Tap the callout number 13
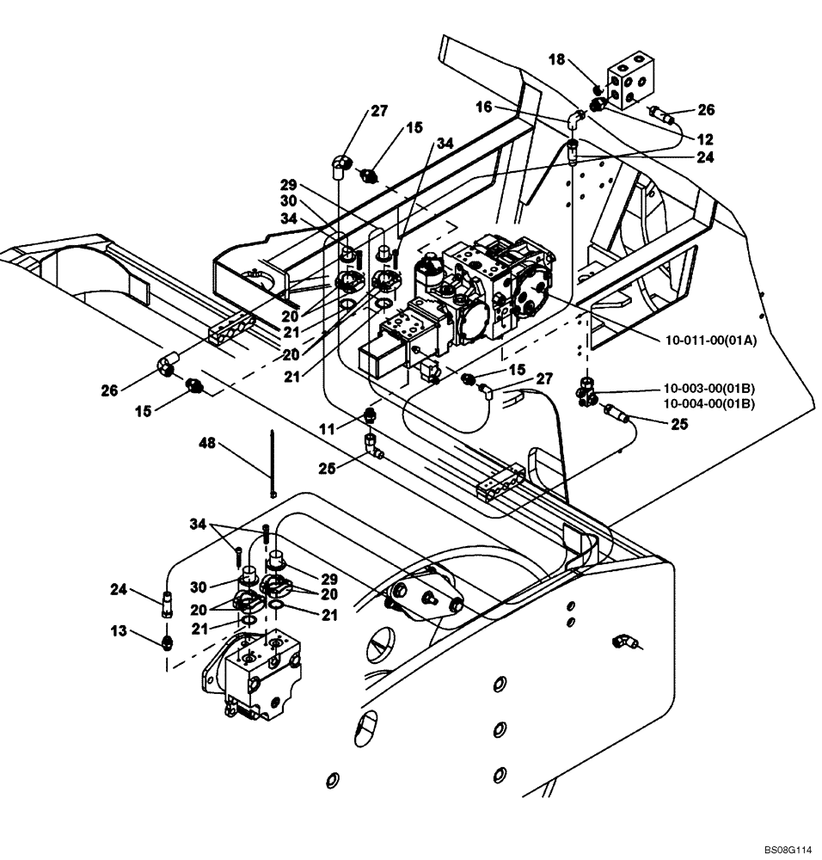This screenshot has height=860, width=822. click(x=118, y=632)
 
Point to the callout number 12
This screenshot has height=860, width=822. click(x=704, y=138)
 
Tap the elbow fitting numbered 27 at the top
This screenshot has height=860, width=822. click(x=340, y=163)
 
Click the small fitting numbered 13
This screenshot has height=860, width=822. click(x=165, y=641)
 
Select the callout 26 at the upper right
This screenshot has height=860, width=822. click(x=707, y=109)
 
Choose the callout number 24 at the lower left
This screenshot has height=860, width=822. click(x=118, y=590)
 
